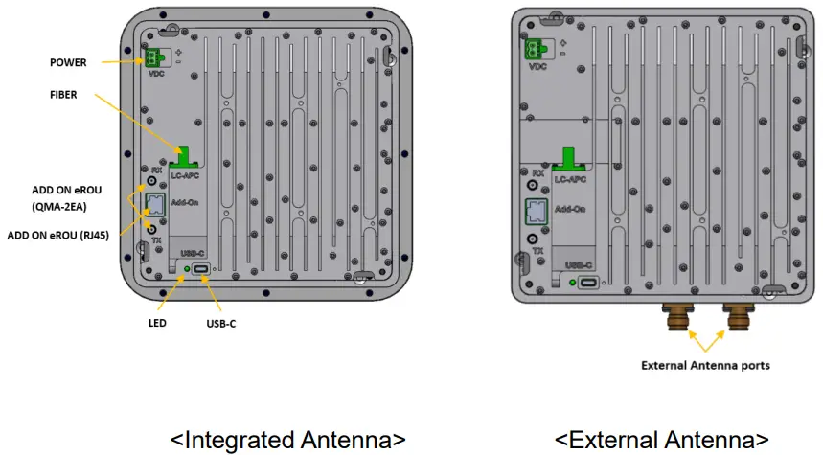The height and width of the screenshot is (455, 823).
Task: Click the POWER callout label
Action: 68,62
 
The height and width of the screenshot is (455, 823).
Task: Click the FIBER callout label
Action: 64,96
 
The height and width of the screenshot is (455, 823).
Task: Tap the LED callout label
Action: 158,323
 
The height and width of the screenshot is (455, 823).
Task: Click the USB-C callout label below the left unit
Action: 220,324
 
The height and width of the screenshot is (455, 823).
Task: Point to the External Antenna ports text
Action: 707,365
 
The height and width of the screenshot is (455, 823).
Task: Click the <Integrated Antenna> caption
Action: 287,440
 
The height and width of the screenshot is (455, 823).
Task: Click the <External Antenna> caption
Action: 661,440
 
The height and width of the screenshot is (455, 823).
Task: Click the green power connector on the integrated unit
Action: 153,57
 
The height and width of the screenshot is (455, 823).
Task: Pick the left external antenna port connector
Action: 675,317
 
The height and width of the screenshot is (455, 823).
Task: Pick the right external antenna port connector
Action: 739,317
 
